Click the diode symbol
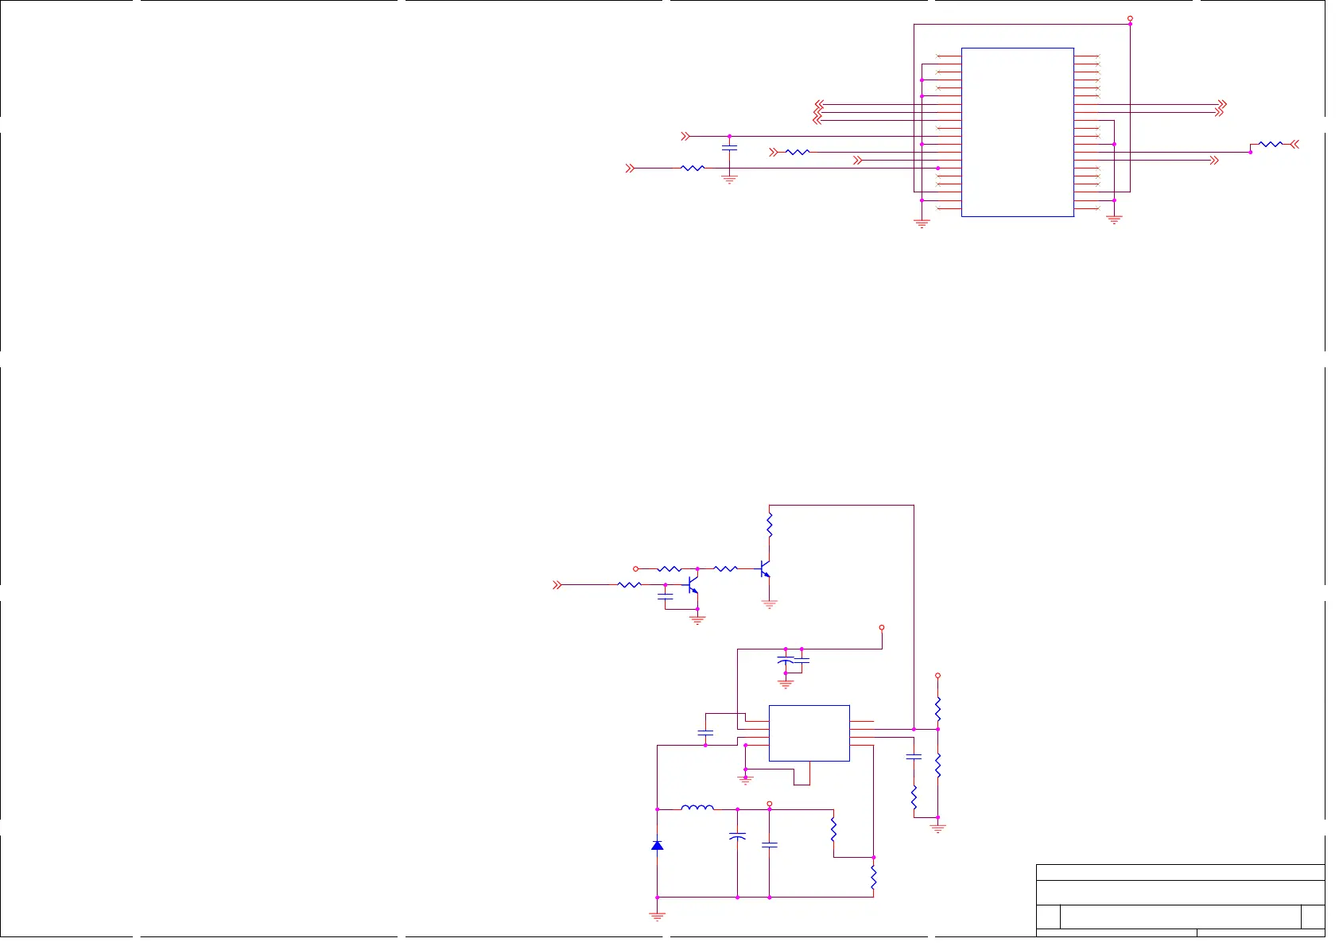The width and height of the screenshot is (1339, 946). tap(657, 845)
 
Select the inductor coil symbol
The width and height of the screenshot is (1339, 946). tap(697, 808)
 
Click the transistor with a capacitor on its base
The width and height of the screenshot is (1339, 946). tap(691, 587)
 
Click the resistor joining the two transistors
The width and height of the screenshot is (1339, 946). tap(725, 568)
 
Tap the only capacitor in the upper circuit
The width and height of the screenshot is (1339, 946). tap(729, 148)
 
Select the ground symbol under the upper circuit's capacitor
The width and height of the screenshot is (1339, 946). tap(729, 180)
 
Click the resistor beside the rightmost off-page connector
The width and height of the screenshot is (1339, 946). tap(1271, 144)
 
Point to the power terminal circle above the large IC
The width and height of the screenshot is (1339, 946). tap(1130, 18)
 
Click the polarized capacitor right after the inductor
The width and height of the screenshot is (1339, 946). tap(737, 836)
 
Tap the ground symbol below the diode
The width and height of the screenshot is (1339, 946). tap(657, 916)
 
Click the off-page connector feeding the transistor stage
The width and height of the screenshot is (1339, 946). tap(557, 584)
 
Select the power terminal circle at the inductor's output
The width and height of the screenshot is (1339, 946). tap(769, 804)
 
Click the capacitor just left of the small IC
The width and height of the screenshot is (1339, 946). tap(705, 732)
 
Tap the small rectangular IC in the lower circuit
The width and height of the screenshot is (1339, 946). tap(809, 733)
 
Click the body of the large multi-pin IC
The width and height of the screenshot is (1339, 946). tap(1017, 132)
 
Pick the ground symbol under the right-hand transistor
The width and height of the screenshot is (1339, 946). tap(769, 604)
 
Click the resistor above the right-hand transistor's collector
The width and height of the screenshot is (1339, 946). tap(769, 525)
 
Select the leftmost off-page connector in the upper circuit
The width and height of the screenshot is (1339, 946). tap(630, 168)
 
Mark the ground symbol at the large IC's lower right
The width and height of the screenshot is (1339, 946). tap(1114, 219)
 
